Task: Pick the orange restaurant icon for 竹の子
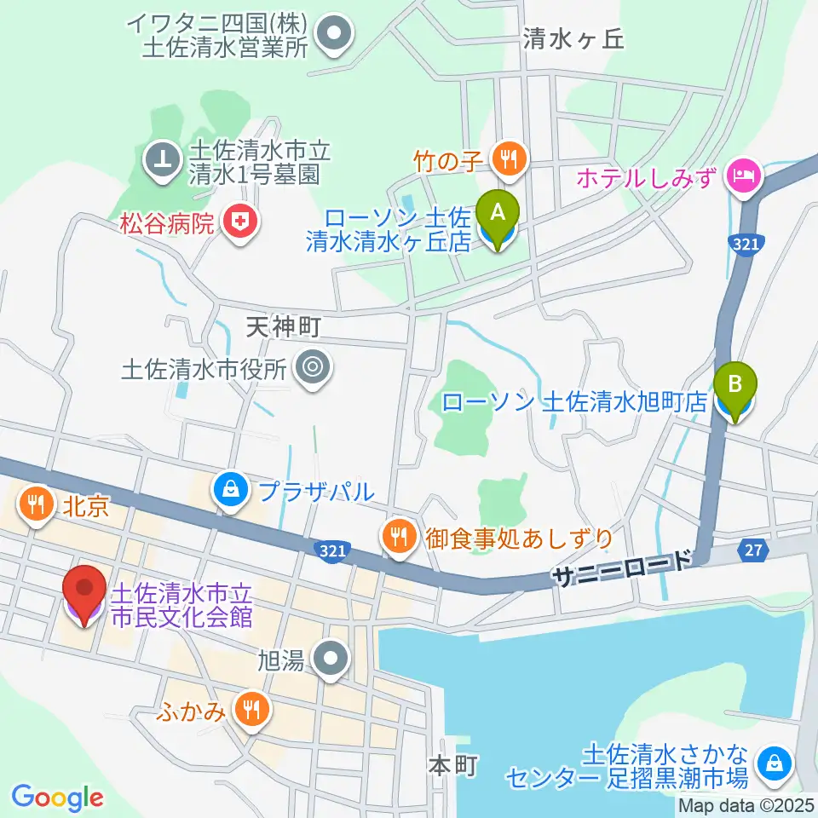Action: (509, 158)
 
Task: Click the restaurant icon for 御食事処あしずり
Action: (398, 538)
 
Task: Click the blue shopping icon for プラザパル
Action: (229, 491)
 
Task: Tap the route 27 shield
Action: (752, 550)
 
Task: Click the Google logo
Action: (57, 797)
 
